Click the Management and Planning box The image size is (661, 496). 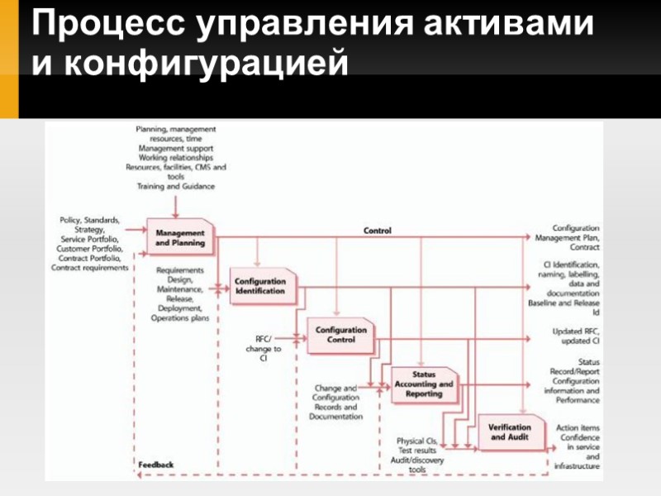coord(180,238)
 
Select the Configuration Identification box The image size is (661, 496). coord(259,286)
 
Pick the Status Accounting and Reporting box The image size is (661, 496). coord(423,386)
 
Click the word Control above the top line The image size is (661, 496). coord(378,231)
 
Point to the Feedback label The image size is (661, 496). coord(156,465)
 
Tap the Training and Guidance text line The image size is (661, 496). coord(175,187)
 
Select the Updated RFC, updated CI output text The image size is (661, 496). coord(575,336)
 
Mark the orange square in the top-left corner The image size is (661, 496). coord(9,58)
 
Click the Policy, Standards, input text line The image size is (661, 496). coord(90,220)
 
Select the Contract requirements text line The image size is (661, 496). coord(90,267)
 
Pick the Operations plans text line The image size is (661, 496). coord(180,317)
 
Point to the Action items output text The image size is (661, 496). coord(579,427)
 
